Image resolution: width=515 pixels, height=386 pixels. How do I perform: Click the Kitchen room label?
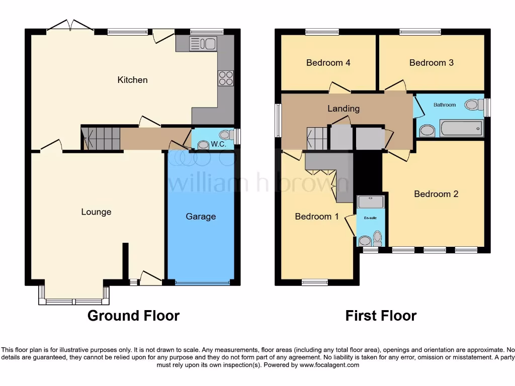(132, 80)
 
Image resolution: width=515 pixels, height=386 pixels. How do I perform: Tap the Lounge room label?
(96, 212)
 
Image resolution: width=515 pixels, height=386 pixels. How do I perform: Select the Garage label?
(201, 217)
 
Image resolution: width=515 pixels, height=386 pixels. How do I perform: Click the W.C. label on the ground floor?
(217, 144)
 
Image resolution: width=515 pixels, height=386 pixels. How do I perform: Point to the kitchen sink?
(203, 44)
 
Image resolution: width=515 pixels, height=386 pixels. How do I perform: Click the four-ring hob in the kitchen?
(226, 78)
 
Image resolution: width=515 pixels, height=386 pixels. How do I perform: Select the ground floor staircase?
(101, 138)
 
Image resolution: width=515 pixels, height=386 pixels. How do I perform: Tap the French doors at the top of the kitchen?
(70, 26)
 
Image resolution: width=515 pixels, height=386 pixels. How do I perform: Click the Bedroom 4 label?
(328, 63)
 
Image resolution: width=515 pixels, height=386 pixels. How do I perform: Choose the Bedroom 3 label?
(431, 63)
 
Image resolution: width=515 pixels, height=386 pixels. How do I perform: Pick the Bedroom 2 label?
(436, 194)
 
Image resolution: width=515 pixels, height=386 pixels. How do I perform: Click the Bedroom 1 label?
(317, 217)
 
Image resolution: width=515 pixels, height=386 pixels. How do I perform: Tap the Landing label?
(344, 109)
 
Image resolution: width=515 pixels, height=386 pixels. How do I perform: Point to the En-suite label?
(370, 218)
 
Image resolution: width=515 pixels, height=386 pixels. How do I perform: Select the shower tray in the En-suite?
(371, 202)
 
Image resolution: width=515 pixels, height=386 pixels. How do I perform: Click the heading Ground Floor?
(133, 316)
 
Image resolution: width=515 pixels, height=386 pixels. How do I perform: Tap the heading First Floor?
(381, 316)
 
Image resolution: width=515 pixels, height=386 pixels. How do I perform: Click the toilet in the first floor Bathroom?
(472, 105)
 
